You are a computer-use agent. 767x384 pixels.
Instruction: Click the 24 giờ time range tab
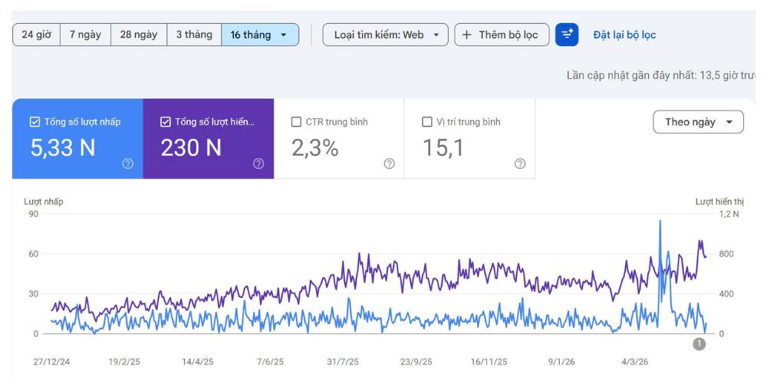point(37,35)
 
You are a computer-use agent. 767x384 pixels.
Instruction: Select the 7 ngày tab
point(86,35)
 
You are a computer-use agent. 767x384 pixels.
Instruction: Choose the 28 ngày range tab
point(139,35)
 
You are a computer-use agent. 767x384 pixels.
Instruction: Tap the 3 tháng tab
point(194,35)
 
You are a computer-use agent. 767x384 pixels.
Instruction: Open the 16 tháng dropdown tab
point(260,35)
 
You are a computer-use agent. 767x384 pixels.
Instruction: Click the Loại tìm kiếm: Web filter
point(386,35)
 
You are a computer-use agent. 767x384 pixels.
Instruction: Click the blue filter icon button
point(567,35)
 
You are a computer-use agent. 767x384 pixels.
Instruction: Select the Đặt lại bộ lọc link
point(624,35)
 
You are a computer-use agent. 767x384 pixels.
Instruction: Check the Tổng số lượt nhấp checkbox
point(35,122)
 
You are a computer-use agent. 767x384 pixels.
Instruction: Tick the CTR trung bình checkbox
point(296,122)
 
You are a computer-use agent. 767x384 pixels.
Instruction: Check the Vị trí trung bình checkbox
point(427,122)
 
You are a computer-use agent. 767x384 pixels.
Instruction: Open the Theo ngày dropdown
point(698,122)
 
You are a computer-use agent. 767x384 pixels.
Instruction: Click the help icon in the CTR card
point(390,164)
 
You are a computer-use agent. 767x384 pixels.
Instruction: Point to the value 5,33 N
point(63,148)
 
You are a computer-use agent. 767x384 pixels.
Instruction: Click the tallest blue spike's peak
point(660,221)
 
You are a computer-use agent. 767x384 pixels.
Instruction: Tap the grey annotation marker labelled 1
point(700,344)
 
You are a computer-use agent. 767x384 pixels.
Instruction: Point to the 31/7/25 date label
point(343,362)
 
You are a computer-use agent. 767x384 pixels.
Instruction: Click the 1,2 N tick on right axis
point(729,214)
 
